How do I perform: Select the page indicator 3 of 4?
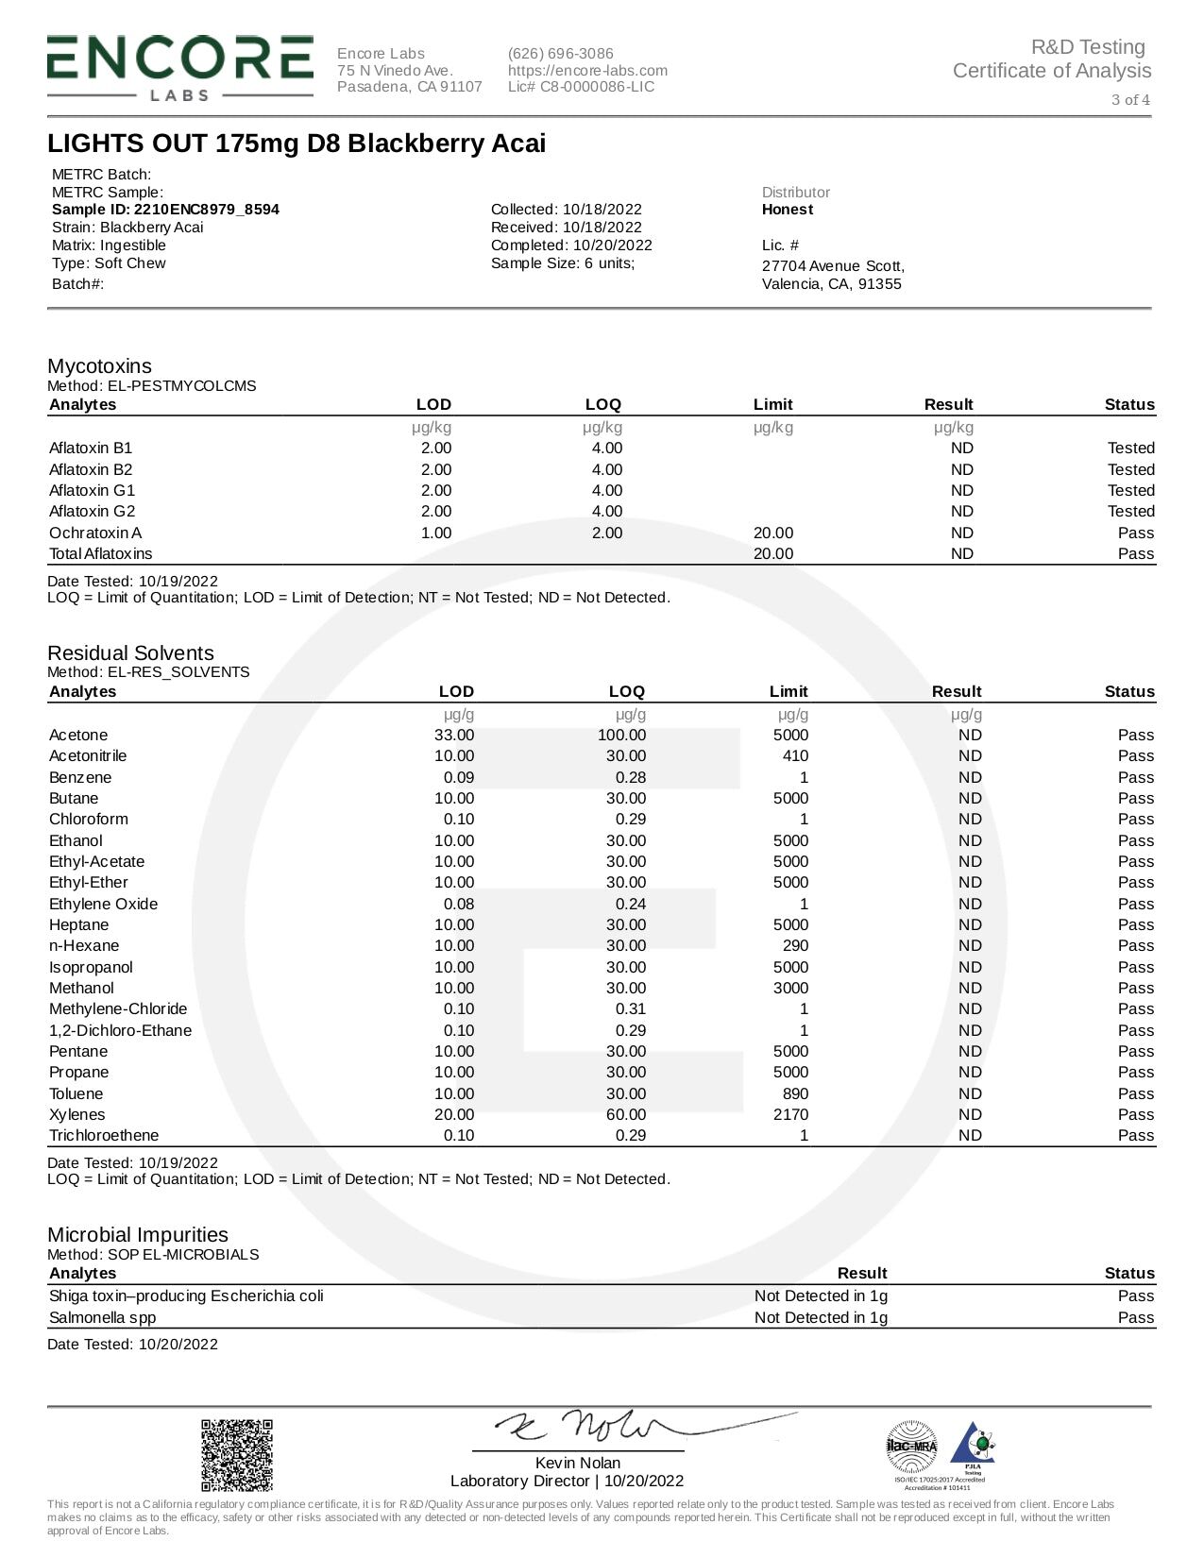click(x=1130, y=100)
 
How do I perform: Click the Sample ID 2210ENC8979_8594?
click(x=165, y=210)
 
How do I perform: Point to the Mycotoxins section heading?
click(x=99, y=366)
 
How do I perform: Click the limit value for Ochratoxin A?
click(x=772, y=533)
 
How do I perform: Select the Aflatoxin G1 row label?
click(x=92, y=490)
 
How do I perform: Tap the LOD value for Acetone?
click(x=453, y=735)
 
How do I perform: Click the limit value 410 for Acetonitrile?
click(x=795, y=755)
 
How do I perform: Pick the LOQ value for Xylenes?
click(x=625, y=1114)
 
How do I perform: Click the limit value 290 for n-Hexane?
click(x=795, y=945)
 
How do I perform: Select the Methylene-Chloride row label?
click(x=118, y=1008)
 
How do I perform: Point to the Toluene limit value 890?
click(x=795, y=1093)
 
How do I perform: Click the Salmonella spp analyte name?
click(x=102, y=1317)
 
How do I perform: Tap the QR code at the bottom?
click(x=237, y=1455)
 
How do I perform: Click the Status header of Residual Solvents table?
click(x=1129, y=691)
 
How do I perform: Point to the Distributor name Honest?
click(x=787, y=210)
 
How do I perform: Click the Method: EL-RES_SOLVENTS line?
click(x=148, y=672)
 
